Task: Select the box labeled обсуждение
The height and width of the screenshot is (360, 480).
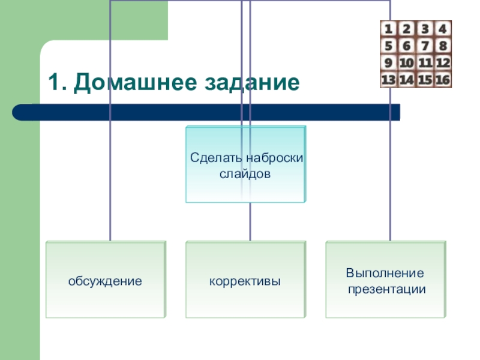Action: point(105,280)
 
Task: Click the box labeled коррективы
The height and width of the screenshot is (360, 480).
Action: point(245,280)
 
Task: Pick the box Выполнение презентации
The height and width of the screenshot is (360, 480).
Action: point(385,280)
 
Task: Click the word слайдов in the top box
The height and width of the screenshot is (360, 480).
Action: point(245,174)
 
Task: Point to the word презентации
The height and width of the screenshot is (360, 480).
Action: point(385,289)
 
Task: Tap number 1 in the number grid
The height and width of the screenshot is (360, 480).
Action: point(389,29)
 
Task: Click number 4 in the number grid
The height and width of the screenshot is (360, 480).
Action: point(443,29)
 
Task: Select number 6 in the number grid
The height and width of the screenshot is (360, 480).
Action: point(407,46)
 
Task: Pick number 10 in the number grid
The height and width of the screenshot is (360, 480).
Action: point(407,62)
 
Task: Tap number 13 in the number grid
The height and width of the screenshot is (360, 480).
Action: point(389,79)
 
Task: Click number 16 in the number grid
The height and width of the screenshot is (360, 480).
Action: point(443,79)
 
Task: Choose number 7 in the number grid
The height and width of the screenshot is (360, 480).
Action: point(425,46)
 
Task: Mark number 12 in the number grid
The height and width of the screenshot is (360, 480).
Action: point(443,62)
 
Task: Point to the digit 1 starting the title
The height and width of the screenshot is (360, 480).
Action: point(53,83)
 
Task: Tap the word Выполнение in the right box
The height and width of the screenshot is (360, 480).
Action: point(385,274)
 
